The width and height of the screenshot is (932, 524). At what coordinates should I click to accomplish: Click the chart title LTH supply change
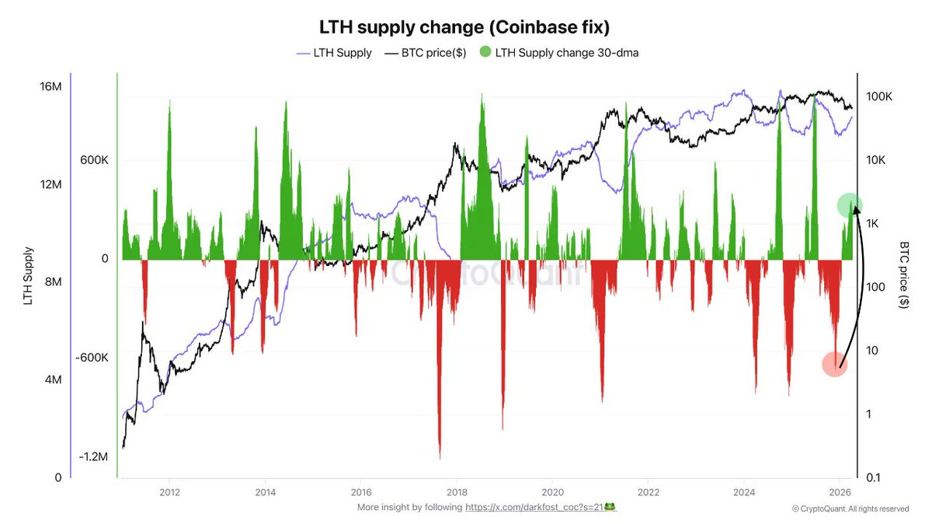click(x=464, y=26)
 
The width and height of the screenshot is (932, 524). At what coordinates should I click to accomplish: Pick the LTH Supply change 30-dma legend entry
click(x=559, y=53)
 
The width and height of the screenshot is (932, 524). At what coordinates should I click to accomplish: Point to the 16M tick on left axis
click(x=50, y=86)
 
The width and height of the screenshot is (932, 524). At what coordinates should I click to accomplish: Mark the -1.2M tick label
click(x=92, y=456)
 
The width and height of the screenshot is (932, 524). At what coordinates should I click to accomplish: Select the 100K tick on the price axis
click(x=881, y=96)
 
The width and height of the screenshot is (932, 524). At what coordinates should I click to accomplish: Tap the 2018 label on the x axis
click(x=457, y=492)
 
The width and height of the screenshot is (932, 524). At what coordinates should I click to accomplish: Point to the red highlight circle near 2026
click(x=835, y=364)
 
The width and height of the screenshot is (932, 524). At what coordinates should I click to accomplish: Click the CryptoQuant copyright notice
click(x=850, y=508)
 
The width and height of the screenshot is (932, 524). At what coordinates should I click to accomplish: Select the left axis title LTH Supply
click(x=29, y=275)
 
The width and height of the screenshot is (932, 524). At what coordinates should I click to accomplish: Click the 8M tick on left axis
click(x=53, y=282)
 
